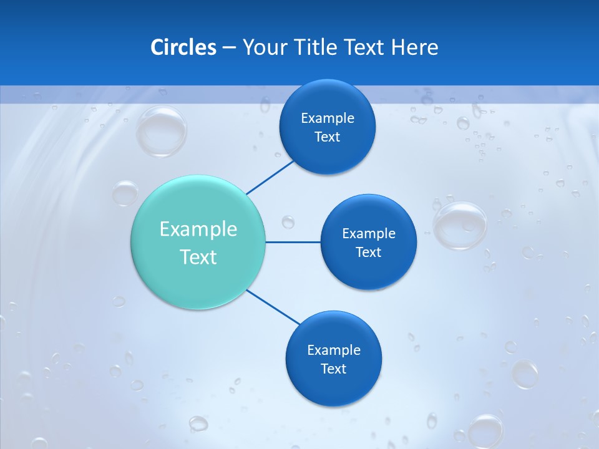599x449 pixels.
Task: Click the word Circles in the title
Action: click(x=183, y=47)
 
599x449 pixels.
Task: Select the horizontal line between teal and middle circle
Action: click(x=293, y=242)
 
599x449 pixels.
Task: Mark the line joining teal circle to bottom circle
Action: click(x=273, y=307)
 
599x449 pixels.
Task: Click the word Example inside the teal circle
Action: click(x=198, y=229)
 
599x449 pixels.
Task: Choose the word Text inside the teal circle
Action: click(x=198, y=257)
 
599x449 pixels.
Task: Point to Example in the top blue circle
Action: click(x=328, y=118)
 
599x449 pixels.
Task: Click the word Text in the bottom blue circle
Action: click(x=334, y=369)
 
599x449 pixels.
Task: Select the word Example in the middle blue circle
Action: click(x=369, y=233)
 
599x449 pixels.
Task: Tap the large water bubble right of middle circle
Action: click(x=460, y=225)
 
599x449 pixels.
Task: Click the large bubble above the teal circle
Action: click(x=161, y=131)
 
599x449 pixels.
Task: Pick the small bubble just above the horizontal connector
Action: click(x=288, y=221)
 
